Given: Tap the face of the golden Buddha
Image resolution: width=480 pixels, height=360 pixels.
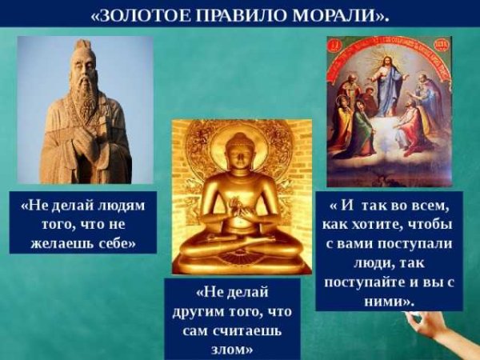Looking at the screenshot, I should [x=240, y=153].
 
